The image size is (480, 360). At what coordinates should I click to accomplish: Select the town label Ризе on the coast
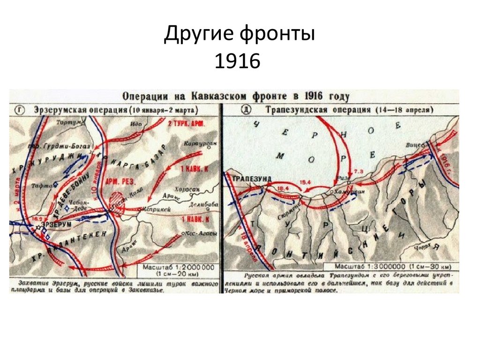coord(343,178)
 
